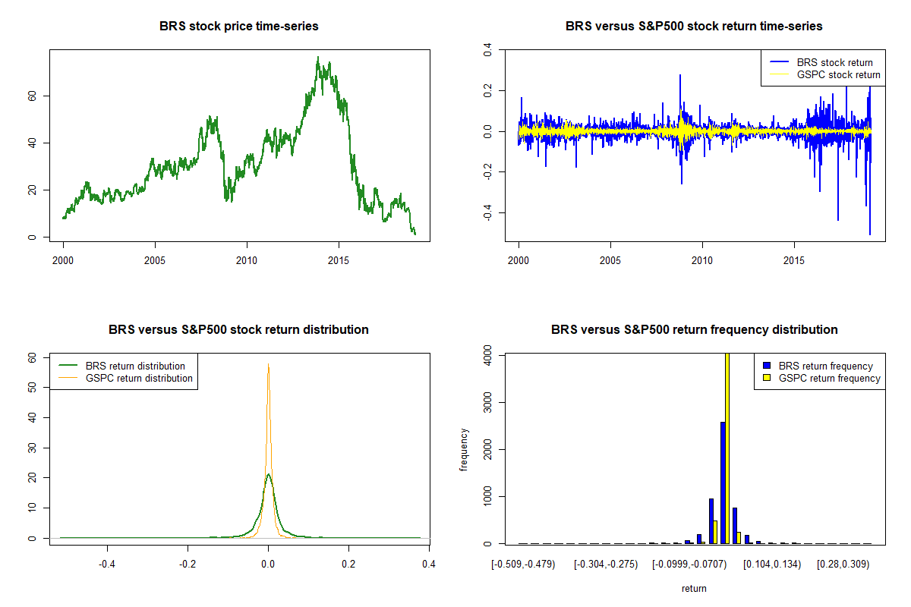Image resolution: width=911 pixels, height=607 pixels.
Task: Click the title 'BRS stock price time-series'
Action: coord(239,27)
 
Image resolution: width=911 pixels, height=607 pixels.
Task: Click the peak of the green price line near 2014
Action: coord(318,58)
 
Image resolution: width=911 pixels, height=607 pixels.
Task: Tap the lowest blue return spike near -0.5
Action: coord(869,234)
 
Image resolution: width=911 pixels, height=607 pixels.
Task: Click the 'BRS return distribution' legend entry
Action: coord(135,366)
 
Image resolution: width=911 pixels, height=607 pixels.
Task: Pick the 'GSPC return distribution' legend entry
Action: coord(139,378)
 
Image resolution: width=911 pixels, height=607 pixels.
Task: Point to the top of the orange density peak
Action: coord(268,364)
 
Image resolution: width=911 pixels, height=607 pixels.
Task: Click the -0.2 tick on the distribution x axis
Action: coord(188,564)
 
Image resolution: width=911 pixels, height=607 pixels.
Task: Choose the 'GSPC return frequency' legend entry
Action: coord(830,378)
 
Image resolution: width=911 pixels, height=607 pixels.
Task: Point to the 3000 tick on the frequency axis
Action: coord(487,401)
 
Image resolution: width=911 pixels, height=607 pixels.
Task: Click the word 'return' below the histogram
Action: coord(694,588)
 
